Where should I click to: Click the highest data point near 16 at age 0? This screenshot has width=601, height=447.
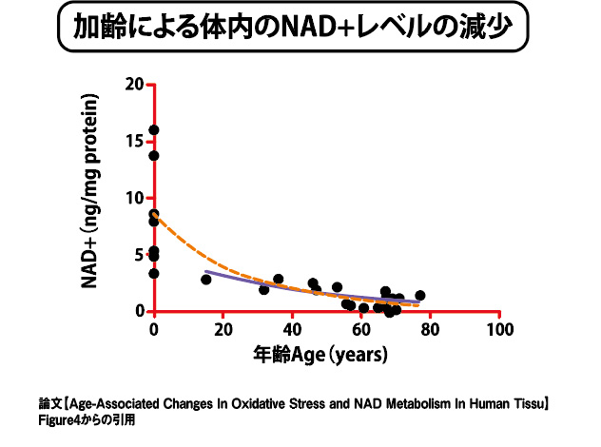coord(154,130)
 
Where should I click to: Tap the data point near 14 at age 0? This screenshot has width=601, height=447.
coord(154,156)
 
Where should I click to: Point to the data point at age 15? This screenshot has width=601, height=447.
coord(206,280)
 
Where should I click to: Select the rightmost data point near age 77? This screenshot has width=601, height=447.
coord(420,296)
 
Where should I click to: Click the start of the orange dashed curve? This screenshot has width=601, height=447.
coord(155,216)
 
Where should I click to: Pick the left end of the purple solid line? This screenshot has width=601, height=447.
coord(206,273)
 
